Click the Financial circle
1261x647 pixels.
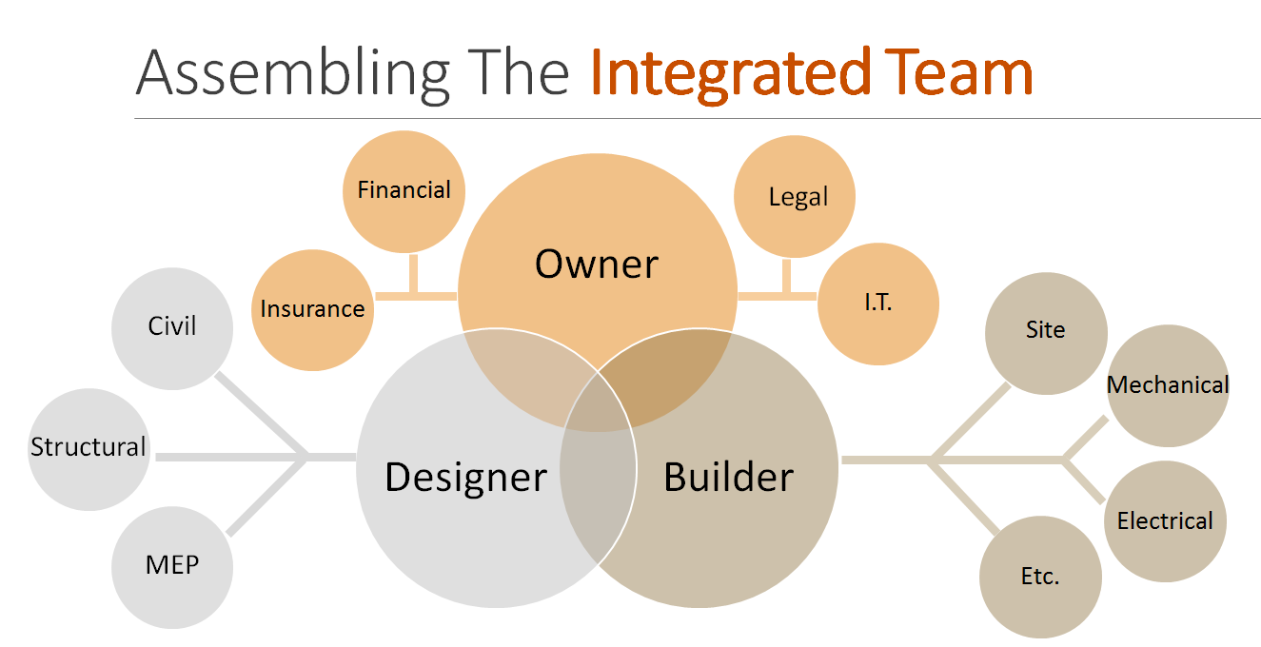click(404, 190)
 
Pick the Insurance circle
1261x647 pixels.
click(312, 309)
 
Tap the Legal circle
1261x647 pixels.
click(796, 197)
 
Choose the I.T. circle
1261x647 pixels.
click(878, 304)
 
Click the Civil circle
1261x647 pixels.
click(172, 326)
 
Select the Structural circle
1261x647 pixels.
click(89, 448)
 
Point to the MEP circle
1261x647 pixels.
click(172, 565)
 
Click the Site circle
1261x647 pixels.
click(1045, 331)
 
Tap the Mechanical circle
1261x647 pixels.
click(1167, 385)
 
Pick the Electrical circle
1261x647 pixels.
click(1164, 521)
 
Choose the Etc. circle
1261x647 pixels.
click(1039, 577)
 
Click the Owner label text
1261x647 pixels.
click(596, 264)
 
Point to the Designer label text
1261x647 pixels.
click(465, 477)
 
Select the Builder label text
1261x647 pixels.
click(728, 477)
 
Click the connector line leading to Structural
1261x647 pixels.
click(228, 458)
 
